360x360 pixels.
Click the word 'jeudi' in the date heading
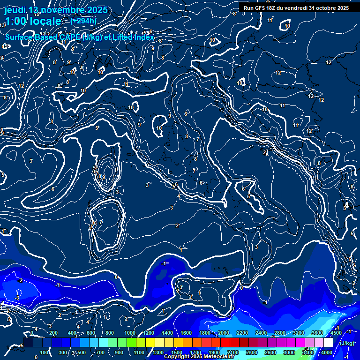pyautogui.click(x=15, y=10)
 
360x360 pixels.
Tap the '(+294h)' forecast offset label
pyautogui.click(x=83, y=21)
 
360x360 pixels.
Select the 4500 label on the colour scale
pyautogui.click(x=336, y=333)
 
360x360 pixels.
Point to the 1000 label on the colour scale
pyautogui.click(x=129, y=333)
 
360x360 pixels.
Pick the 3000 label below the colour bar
pyautogui.click(x=289, y=352)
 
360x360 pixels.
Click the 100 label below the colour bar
pyautogui.click(x=45, y=352)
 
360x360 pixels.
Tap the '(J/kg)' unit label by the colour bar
pyautogui.click(x=347, y=344)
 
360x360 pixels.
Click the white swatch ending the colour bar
pyautogui.click(x=328, y=343)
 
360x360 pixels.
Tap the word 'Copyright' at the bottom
pyautogui.click(x=177, y=357)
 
